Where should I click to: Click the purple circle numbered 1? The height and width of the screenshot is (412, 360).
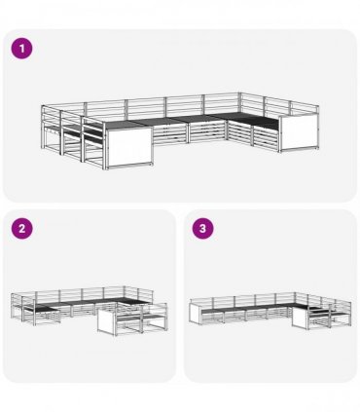(21, 49)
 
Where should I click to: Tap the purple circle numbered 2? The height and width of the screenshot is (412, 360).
(21, 229)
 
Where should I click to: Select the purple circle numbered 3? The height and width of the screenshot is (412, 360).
(202, 229)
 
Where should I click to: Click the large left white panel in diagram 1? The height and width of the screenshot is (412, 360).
(129, 147)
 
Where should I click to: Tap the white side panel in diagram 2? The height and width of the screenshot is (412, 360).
(107, 320)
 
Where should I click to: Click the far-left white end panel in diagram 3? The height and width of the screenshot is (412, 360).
(196, 314)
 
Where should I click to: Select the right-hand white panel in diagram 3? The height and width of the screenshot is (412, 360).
(300, 318)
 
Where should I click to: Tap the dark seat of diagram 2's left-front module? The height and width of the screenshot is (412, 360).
(46, 309)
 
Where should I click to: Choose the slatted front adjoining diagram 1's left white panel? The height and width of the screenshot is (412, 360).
(169, 134)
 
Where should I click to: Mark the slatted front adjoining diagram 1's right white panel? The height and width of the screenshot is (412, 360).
(265, 138)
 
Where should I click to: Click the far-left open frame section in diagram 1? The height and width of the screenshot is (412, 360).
(51, 133)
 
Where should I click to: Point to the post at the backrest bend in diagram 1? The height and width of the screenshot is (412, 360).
(240, 103)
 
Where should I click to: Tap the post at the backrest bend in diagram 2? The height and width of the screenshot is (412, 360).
(125, 292)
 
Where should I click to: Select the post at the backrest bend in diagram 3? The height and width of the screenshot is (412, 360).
(295, 298)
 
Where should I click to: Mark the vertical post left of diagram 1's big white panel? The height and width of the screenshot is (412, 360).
(104, 145)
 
